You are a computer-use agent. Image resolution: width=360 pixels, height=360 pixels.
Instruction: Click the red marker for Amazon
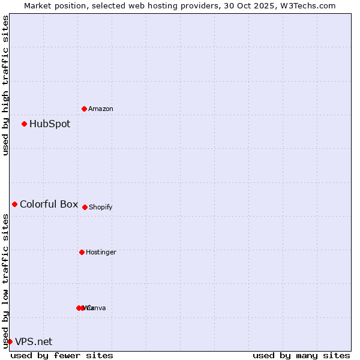(x=84, y=109)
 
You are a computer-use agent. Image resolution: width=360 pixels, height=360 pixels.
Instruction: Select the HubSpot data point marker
(x=24, y=124)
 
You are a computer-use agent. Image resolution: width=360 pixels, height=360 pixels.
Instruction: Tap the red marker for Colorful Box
(x=14, y=205)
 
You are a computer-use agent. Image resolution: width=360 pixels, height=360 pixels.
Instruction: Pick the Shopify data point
(x=85, y=207)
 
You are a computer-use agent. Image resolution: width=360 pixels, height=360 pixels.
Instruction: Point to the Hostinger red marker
(x=82, y=252)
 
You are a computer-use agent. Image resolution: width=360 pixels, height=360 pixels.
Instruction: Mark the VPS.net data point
(x=10, y=341)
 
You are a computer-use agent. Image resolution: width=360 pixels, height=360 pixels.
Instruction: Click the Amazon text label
(x=101, y=109)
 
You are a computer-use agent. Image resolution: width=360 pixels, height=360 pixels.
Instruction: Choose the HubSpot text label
(x=50, y=124)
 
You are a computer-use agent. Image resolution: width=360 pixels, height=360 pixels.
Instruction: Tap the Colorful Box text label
(x=49, y=205)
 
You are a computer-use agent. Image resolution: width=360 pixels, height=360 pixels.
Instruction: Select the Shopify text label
(x=101, y=207)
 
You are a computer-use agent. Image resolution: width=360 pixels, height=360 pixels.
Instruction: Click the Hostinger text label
(x=101, y=252)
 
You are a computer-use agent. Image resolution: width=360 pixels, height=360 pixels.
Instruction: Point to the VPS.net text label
(x=34, y=341)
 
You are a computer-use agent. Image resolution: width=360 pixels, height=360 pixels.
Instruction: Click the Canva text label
(x=97, y=308)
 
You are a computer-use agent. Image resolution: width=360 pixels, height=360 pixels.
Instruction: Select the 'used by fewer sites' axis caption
(x=62, y=355)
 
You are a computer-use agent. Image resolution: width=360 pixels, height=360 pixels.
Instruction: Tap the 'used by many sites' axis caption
(x=301, y=355)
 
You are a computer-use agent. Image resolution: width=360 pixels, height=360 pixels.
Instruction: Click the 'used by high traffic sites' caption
(x=6, y=85)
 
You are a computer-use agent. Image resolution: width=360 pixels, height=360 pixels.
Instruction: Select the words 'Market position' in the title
(x=52, y=5)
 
